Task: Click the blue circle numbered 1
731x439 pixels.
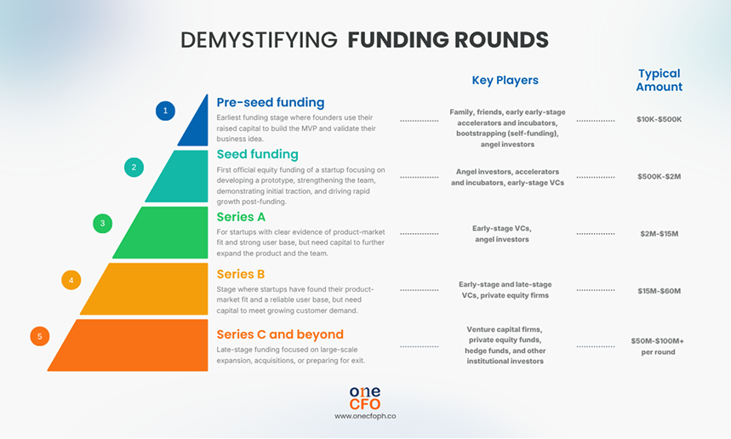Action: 165,110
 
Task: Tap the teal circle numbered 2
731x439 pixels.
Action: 134,167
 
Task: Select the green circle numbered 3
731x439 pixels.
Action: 102,224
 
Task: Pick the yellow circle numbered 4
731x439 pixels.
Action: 71,280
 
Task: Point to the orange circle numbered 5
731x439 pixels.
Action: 39,336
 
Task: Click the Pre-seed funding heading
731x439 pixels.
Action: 270,102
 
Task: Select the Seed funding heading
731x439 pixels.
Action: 257,154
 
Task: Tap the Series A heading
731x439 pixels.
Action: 241,217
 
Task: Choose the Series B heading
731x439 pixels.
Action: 241,274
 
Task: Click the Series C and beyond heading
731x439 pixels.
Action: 280,334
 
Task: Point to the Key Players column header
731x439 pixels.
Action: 505,81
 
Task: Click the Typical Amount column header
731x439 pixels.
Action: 659,80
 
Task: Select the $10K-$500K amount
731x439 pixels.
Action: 659,119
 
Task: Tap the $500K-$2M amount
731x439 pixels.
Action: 659,176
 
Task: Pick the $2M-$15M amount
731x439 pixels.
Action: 659,233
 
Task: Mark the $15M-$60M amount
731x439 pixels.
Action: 659,291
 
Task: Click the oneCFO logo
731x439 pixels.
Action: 365,397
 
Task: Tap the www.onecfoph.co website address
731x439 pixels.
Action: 365,416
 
